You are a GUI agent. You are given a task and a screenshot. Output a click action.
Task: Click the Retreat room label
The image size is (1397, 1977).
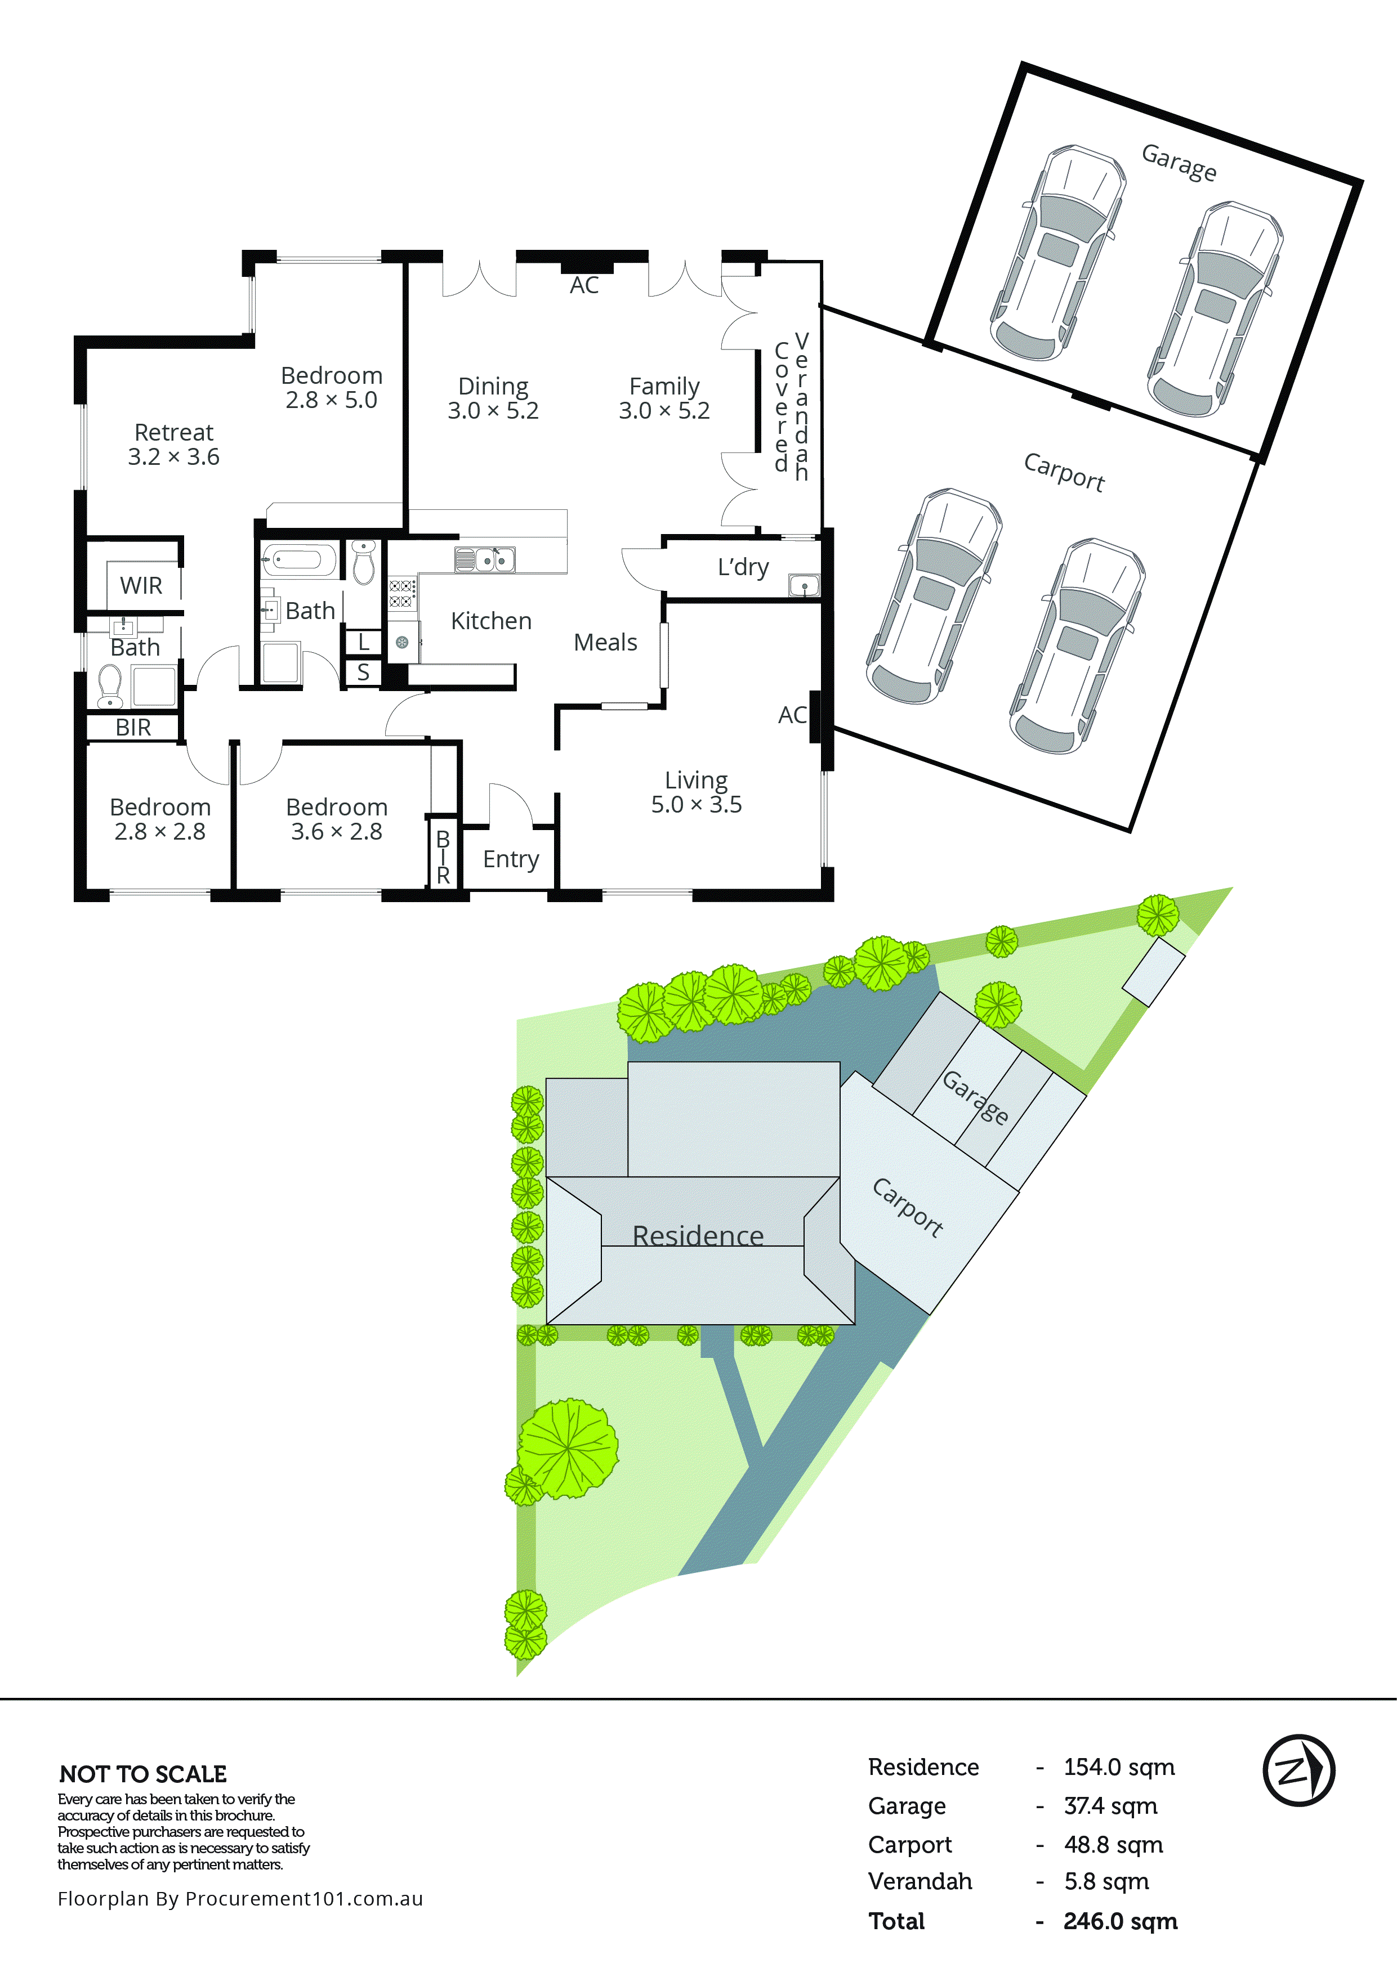click(174, 432)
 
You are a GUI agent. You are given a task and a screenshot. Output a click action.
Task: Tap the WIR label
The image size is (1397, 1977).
click(141, 585)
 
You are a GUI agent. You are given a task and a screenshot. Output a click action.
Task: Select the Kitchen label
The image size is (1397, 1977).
click(491, 621)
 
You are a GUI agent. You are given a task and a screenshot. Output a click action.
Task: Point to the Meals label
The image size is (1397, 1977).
click(605, 642)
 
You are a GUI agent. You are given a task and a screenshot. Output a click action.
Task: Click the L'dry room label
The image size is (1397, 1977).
click(743, 567)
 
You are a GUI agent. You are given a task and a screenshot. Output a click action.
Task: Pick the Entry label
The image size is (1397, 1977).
click(511, 859)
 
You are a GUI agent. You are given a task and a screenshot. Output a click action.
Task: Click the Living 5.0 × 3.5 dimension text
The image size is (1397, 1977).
click(696, 804)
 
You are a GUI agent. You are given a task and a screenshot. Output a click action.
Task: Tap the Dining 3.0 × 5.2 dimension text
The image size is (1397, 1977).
click(493, 411)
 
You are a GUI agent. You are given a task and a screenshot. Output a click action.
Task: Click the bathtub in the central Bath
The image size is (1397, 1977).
click(299, 561)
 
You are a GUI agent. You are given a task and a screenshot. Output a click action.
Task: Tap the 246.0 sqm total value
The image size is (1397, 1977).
click(1119, 1921)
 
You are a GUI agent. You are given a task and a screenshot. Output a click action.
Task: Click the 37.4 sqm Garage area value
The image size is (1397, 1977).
click(1110, 1806)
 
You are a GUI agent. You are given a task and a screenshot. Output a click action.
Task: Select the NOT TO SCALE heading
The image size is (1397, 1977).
click(143, 1774)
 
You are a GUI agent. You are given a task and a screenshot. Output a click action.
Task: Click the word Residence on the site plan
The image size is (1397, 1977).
click(698, 1236)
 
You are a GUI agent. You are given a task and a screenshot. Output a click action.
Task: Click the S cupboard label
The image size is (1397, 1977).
click(363, 673)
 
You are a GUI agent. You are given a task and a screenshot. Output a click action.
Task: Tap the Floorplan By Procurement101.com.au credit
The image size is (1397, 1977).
click(240, 1899)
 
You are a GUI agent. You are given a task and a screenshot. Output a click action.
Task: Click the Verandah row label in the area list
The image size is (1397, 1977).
click(920, 1881)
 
